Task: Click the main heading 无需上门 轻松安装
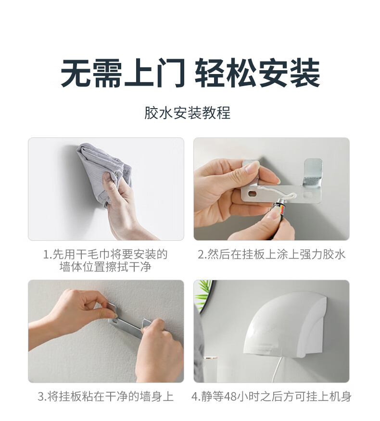(x=190, y=73)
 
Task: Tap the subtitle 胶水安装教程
(x=187, y=113)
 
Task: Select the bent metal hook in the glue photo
(x=313, y=173)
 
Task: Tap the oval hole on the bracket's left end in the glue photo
(x=253, y=193)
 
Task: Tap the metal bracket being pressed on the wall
(x=127, y=322)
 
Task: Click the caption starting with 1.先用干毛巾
(x=105, y=260)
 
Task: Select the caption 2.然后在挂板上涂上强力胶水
(x=271, y=255)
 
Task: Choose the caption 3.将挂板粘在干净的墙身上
(x=106, y=396)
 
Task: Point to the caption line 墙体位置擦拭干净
(x=105, y=267)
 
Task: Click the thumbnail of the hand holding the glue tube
(x=271, y=189)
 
